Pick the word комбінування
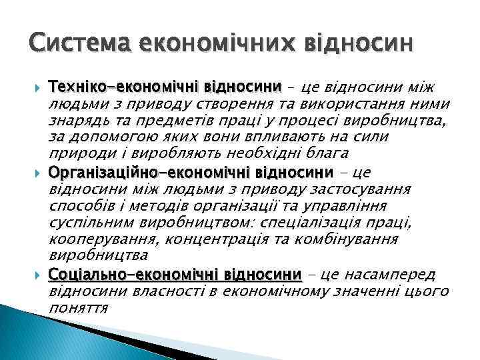(357, 239)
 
